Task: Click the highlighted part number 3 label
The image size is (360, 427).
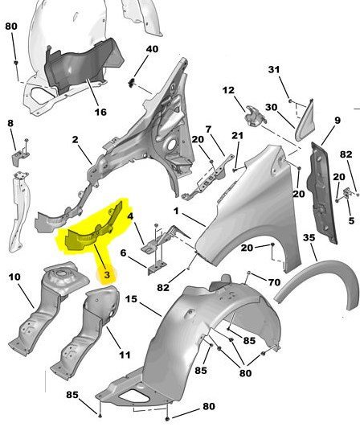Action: pos(107,275)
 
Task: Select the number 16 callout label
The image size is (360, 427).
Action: pos(100,112)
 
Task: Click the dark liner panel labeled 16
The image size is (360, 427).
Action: pos(82,65)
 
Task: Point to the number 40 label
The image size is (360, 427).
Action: pos(152,49)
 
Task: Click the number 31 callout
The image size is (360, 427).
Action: pos(274,69)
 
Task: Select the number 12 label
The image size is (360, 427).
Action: pos(228,90)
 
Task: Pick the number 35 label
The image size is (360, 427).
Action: pos(309,238)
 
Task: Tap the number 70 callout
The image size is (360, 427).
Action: pos(274,282)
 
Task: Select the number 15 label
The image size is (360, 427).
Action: pos(131,299)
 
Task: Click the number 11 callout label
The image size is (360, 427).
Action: pos(125,355)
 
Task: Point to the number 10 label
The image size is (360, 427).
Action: pos(14,277)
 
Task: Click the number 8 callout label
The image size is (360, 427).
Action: pos(10,123)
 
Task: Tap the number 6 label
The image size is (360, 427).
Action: pos(123,253)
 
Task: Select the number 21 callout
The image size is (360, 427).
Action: pos(237,135)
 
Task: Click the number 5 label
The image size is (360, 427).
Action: pos(351,220)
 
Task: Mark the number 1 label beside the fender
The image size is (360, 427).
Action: pos(176,211)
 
